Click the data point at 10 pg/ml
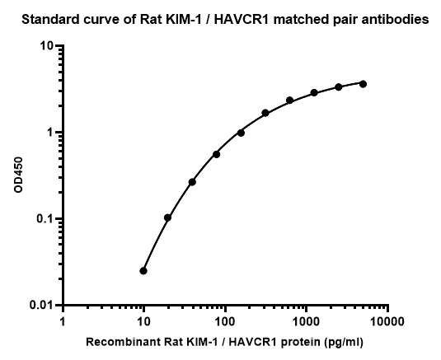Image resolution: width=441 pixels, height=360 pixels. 143,271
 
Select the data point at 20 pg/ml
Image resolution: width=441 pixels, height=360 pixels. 167,217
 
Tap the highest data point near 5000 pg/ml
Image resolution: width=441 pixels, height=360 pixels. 363,84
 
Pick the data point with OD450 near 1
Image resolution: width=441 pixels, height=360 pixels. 241,133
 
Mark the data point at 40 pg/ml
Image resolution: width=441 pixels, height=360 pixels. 192,182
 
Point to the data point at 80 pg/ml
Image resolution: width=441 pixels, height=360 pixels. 216,154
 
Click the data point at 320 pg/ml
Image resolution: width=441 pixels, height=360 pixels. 265,113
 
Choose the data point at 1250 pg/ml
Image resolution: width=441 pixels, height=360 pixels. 314,92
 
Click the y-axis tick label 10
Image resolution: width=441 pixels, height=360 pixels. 47,46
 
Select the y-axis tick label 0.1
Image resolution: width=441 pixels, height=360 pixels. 45,218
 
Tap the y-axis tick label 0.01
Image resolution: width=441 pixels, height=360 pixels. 41,305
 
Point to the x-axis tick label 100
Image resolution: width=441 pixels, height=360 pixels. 225,322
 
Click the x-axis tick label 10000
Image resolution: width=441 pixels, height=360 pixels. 387,322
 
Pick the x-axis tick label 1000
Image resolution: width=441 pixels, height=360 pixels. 307,322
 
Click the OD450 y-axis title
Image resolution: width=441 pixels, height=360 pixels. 18,175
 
